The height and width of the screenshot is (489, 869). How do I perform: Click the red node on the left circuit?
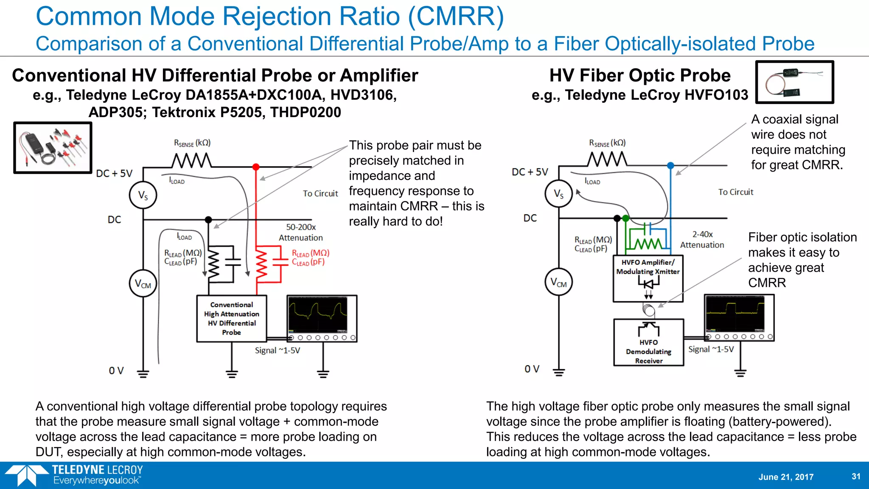(256, 167)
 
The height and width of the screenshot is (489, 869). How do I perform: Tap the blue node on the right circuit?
(670, 166)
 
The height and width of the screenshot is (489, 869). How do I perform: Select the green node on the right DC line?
(625, 219)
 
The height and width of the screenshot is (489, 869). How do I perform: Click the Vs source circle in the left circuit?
(143, 195)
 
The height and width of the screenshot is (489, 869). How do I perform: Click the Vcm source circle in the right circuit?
(558, 282)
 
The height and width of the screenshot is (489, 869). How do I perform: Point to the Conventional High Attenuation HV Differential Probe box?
(232, 318)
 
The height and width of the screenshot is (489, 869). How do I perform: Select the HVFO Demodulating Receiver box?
(649, 343)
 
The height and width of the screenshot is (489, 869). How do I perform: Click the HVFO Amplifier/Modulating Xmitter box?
(648, 278)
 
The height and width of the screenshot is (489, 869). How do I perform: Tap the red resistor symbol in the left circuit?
(261, 266)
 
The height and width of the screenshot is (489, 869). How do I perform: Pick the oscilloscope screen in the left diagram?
(318, 315)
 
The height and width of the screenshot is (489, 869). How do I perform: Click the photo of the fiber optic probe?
(795, 82)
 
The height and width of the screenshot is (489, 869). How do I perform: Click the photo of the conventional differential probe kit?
(53, 148)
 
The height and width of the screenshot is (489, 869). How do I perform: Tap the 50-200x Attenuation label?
(300, 232)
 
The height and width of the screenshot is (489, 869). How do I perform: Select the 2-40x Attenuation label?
(702, 239)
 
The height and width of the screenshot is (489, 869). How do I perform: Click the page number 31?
(856, 476)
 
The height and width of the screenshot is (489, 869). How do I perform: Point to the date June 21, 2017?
(786, 477)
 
